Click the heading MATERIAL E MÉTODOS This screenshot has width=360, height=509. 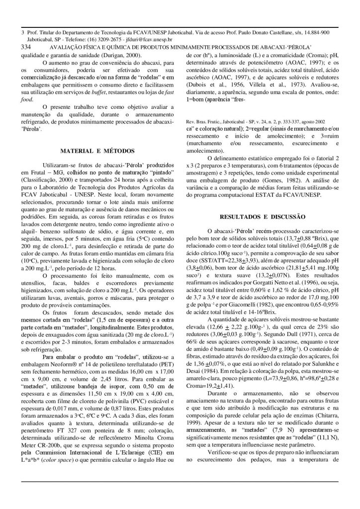point(94,150)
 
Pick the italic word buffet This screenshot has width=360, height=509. point(110,93)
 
